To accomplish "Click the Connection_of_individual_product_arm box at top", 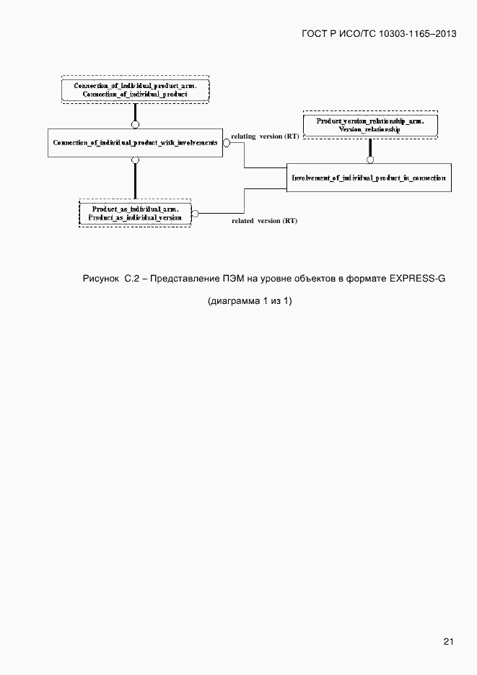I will (x=135, y=90).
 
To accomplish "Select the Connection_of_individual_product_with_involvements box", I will (x=135, y=143).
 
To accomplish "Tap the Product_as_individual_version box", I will (x=135, y=213).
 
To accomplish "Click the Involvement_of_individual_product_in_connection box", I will (x=369, y=178).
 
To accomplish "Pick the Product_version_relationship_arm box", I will (x=369, y=124).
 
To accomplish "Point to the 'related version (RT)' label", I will (x=264, y=221).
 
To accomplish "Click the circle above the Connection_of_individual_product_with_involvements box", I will (x=135, y=125).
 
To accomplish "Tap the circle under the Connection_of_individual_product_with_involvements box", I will (x=135, y=160).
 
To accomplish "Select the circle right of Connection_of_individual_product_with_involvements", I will (x=226, y=143).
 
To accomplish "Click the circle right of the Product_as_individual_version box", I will (x=195, y=213).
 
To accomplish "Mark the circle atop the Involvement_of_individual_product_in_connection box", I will (x=369, y=160).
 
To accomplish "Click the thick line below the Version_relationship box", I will (x=369, y=147).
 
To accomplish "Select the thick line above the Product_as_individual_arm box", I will (x=135, y=180).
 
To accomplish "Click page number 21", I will (x=448, y=641).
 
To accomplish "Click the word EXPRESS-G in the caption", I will (x=418, y=279).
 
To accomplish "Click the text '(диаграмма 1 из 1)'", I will (x=249, y=301).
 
